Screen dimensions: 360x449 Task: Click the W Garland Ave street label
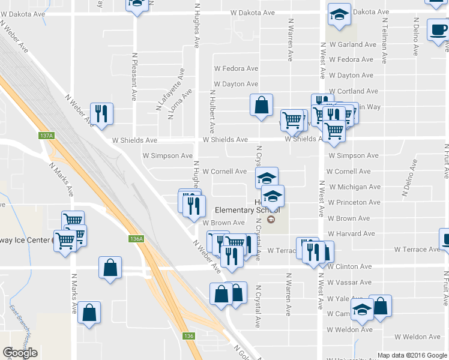(x=353, y=44)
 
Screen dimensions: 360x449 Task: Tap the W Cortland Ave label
(x=354, y=91)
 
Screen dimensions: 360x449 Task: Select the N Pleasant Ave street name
(x=134, y=77)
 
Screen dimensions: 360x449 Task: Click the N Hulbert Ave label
(x=212, y=112)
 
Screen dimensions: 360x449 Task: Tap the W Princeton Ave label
(x=354, y=203)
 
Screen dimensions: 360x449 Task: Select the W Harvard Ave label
(x=352, y=234)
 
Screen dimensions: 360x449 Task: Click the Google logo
(x=20, y=353)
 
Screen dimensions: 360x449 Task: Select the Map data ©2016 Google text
(x=412, y=355)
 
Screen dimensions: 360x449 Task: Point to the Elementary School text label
(x=248, y=211)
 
